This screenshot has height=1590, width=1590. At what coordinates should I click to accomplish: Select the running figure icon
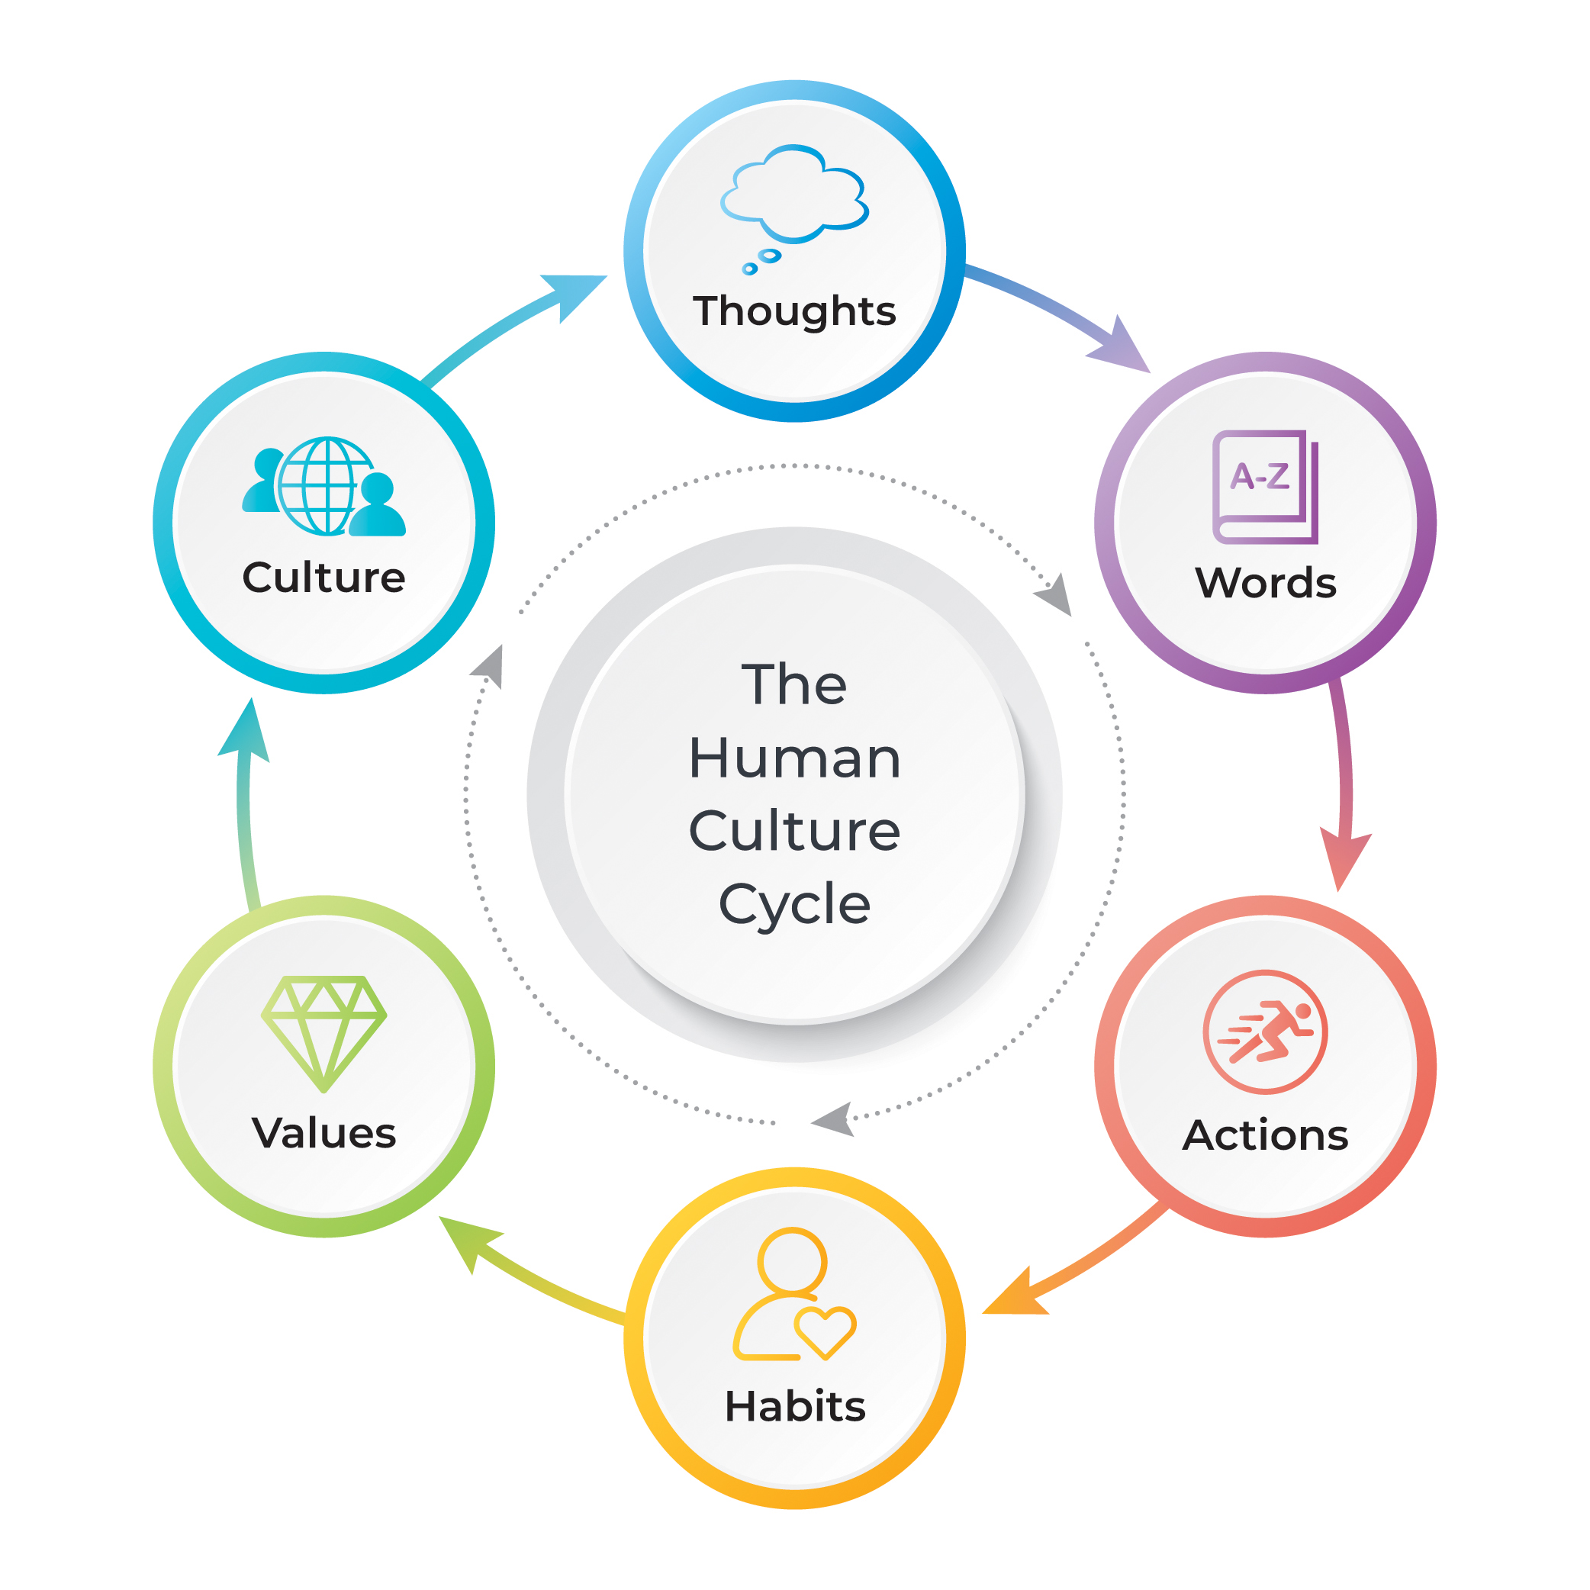tap(1265, 1032)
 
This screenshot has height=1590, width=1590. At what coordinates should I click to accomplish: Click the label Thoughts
tap(794, 311)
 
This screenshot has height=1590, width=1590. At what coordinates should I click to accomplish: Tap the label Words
tap(1265, 583)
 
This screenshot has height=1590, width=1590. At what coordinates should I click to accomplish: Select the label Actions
tap(1265, 1136)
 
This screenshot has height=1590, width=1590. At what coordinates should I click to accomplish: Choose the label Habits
tap(795, 1405)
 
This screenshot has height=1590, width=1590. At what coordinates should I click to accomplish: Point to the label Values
tap(323, 1133)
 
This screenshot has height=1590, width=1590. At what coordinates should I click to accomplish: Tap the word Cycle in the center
tap(794, 904)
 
